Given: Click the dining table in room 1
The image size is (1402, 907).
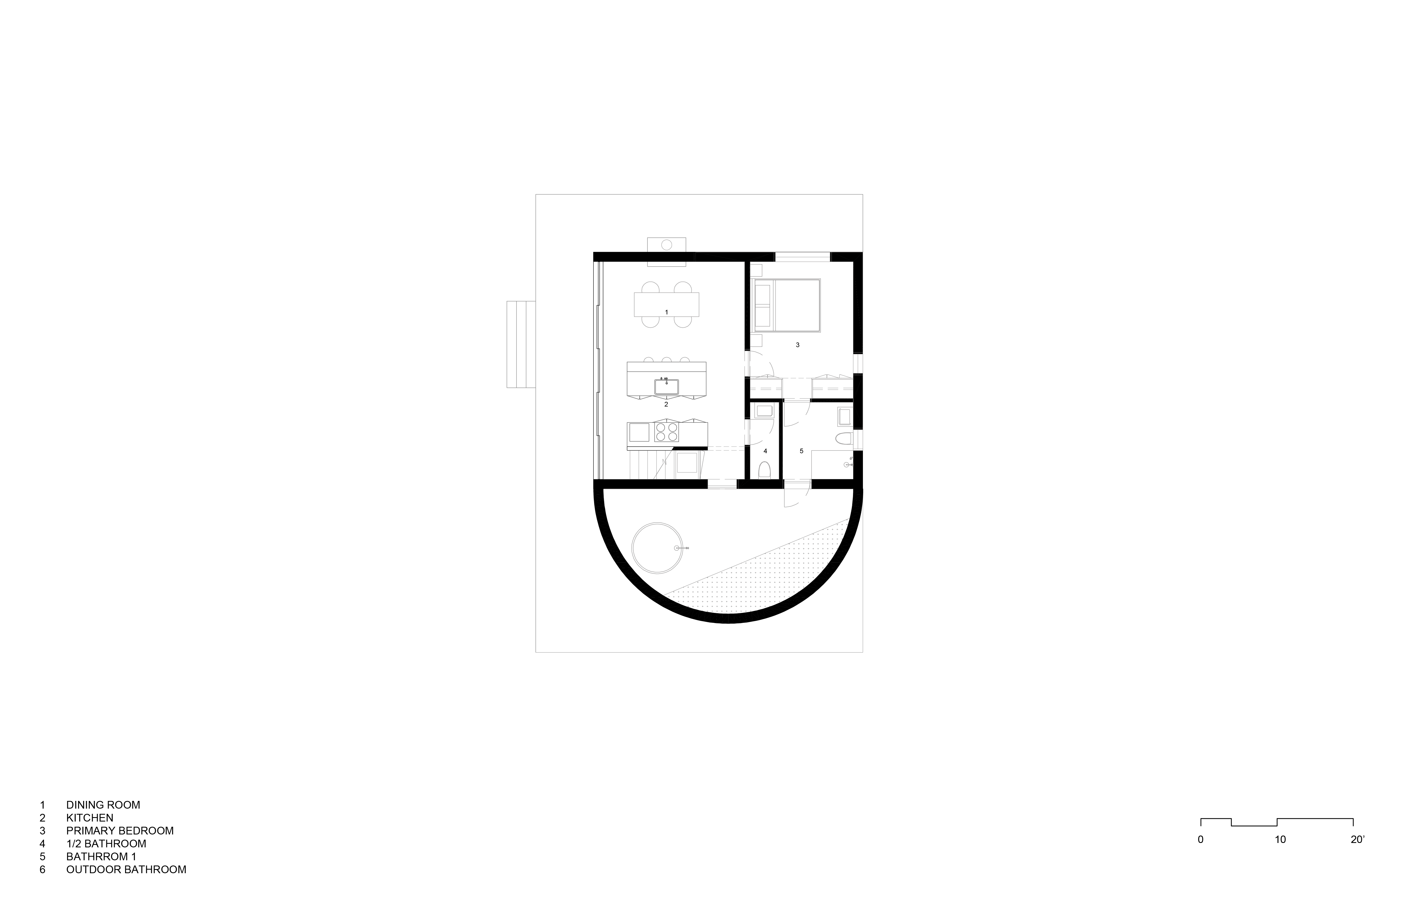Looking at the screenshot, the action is [x=666, y=305].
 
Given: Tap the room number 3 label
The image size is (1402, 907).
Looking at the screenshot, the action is [x=797, y=345].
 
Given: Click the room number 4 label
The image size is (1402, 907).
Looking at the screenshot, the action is [x=765, y=451].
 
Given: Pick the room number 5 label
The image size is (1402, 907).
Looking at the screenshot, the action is [x=801, y=451].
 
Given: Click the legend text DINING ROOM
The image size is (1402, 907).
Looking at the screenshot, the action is [x=103, y=804].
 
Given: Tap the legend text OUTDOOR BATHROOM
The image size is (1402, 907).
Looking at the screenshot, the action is [x=126, y=869].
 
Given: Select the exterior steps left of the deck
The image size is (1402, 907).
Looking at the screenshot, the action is [x=521, y=345].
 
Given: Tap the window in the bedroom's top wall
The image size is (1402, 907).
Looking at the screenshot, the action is [x=802, y=256].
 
